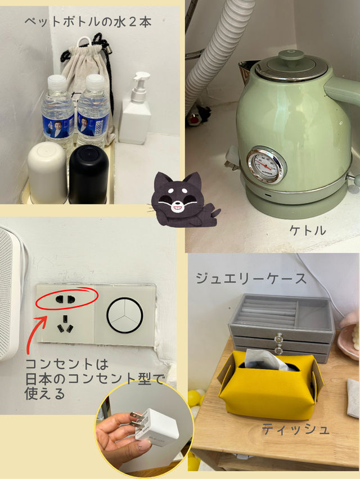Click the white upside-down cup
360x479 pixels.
point(47,173)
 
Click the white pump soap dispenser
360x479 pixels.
point(136,109)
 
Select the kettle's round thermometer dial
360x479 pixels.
point(267,165)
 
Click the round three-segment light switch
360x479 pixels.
point(125,315)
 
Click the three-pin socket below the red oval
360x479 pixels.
point(65,325)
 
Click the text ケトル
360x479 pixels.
point(308,230)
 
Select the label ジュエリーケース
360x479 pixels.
point(251,279)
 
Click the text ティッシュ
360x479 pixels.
point(295,429)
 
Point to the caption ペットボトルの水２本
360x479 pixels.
point(88,22)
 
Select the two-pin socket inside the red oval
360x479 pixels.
point(65,299)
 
